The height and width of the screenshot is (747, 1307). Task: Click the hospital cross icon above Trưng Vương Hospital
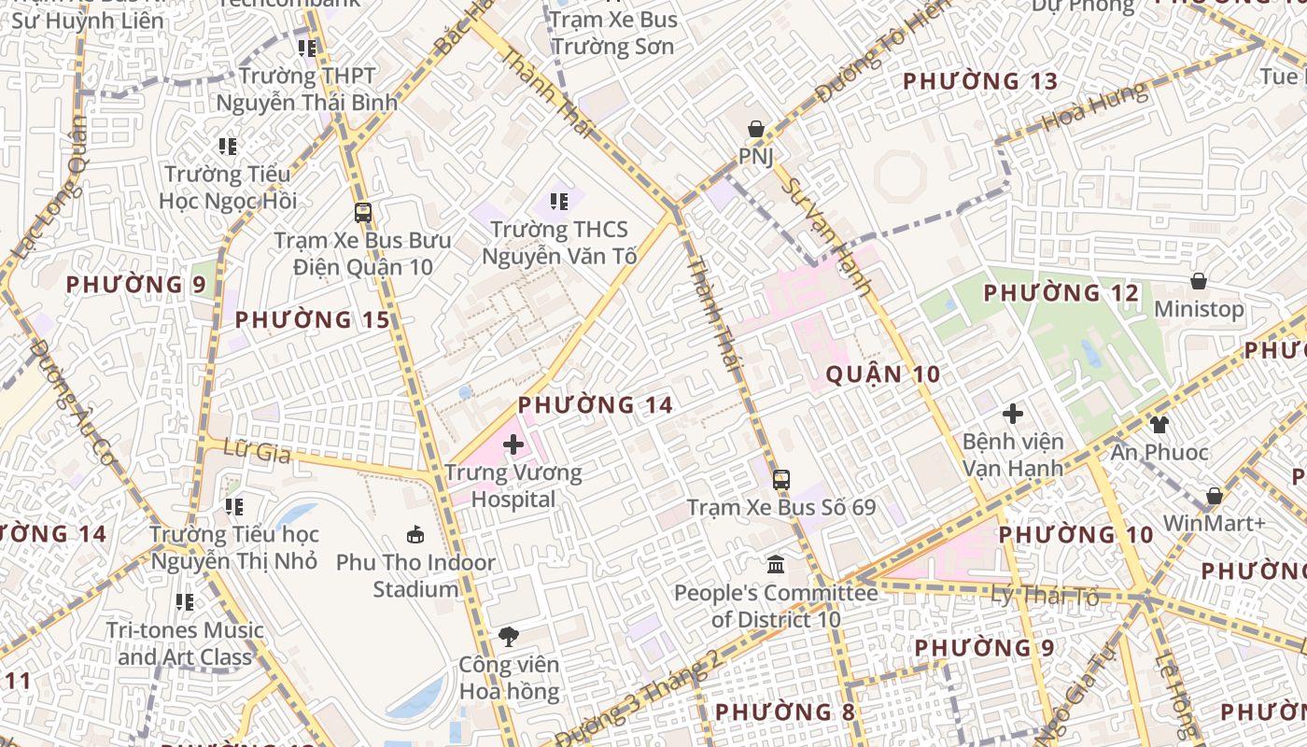513,444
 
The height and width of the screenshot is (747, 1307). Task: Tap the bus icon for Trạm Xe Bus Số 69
781,480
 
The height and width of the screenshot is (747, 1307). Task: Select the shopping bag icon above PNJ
755,129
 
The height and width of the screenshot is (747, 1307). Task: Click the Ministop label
1199,309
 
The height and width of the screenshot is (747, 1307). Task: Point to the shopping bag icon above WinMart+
1214,496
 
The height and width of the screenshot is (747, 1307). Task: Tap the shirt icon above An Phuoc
1159,425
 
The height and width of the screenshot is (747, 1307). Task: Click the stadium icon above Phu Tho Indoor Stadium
415,535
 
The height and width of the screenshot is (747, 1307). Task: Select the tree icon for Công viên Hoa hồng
509,638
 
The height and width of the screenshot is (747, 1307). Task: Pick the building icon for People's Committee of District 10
776,565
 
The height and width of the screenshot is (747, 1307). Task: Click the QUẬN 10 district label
883,375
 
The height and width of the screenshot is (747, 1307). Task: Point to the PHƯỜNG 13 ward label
980,81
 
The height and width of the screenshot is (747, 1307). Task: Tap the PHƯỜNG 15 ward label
312,320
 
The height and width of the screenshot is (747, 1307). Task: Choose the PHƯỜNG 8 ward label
784,712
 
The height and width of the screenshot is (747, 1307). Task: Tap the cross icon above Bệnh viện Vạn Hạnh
1013,414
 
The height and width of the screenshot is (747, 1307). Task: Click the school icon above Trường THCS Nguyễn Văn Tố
559,201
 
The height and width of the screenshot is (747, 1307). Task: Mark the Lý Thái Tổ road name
1045,595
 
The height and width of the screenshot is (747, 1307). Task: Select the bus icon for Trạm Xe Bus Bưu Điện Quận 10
363,213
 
